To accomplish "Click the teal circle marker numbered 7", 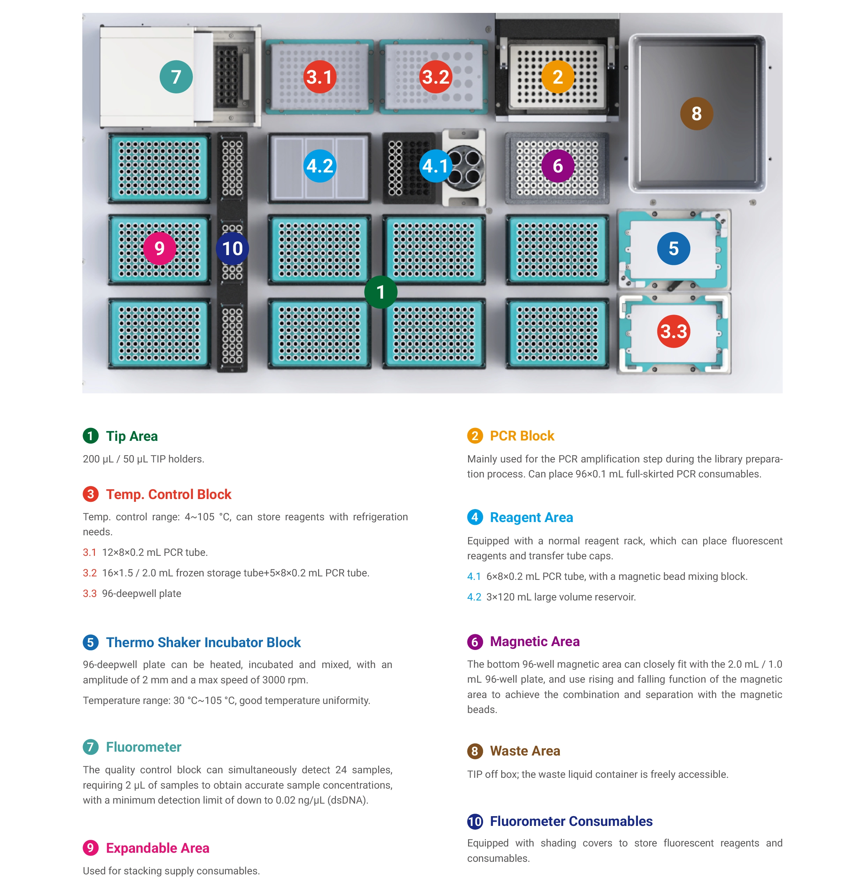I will point(176,77).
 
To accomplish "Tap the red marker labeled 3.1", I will point(320,77).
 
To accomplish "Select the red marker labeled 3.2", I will point(436,77).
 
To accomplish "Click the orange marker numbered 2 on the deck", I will point(558,77).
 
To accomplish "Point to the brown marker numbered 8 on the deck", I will point(697,114).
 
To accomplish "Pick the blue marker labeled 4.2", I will point(320,166).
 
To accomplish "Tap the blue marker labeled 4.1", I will point(436,166).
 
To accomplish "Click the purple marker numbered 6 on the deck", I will point(558,166).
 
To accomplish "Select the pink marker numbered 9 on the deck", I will point(159,248).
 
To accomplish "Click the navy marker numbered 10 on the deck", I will point(232,248).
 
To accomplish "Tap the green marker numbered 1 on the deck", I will point(381,292).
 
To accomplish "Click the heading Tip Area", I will point(132,436).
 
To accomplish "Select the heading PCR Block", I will point(522,436).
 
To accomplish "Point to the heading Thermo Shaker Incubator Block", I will point(203,642).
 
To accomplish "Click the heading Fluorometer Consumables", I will point(571,821).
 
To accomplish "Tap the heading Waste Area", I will point(525,751).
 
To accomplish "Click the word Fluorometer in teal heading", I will point(144,747).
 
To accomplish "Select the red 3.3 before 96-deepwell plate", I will point(90,593).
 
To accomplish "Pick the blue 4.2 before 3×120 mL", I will point(474,597).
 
